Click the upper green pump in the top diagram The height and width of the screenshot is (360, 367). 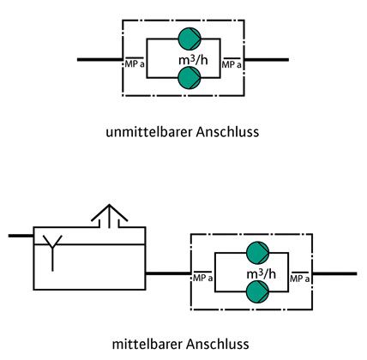190,39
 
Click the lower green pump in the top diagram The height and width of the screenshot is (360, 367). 190,77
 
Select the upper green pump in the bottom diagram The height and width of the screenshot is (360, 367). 257,253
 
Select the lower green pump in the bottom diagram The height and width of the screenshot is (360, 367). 257,291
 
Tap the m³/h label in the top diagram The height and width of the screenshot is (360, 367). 193,60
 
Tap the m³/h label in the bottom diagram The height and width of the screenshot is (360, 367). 262,273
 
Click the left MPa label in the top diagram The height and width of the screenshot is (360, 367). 135,63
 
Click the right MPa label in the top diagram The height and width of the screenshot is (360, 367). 232,64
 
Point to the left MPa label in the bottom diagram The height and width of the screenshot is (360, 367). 202,278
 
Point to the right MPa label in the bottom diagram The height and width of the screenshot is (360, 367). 300,278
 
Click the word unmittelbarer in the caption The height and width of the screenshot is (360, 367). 149,132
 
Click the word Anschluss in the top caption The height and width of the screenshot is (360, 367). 227,132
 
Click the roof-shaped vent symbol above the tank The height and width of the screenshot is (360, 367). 109,216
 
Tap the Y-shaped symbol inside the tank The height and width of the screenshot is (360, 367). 52,253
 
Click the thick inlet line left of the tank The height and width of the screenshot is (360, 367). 21,236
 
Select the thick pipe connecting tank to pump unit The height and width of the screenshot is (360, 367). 168,273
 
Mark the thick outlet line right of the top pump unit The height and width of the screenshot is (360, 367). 267,60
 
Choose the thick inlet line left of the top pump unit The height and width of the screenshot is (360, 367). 99,60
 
